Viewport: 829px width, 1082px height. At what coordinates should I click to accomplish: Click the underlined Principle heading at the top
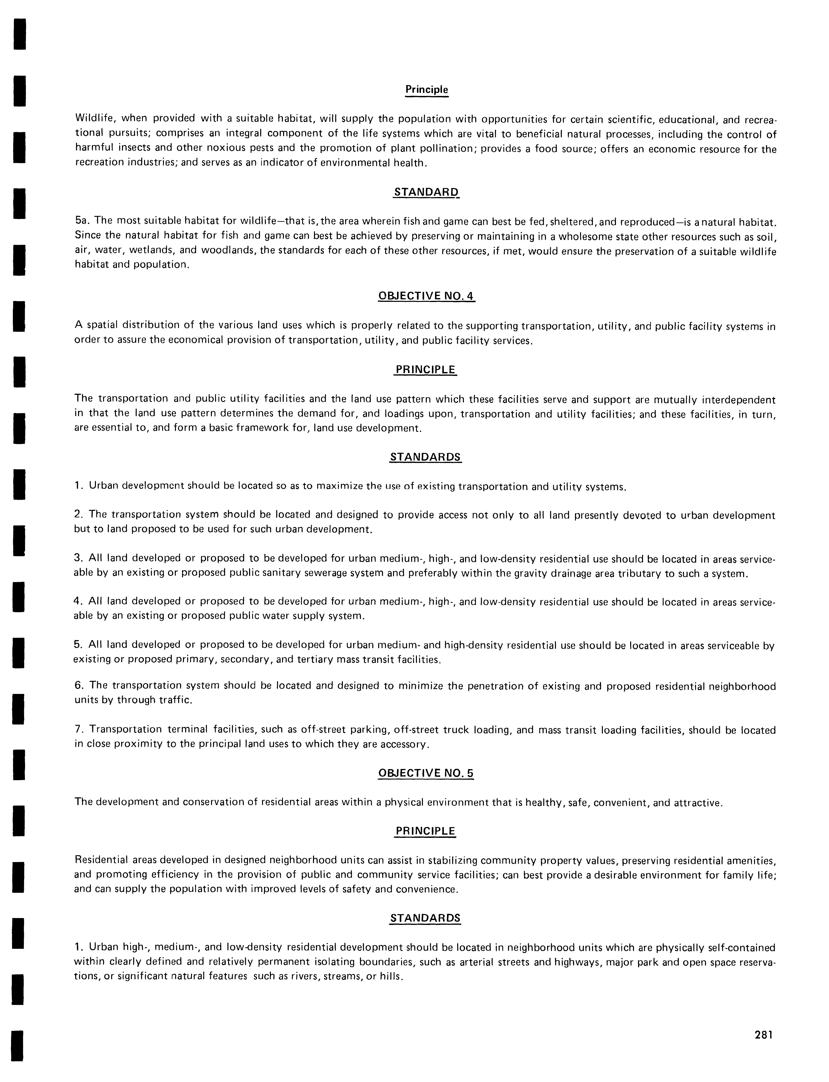pos(426,90)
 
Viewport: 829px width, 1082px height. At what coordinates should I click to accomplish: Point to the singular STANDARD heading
pos(426,192)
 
